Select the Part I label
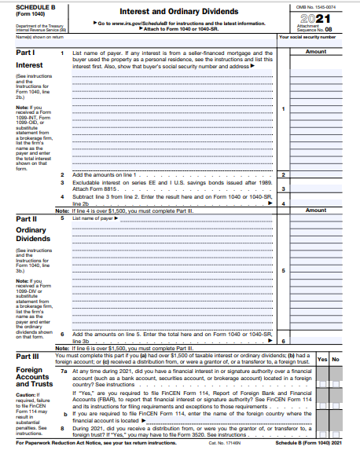click(24, 52)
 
